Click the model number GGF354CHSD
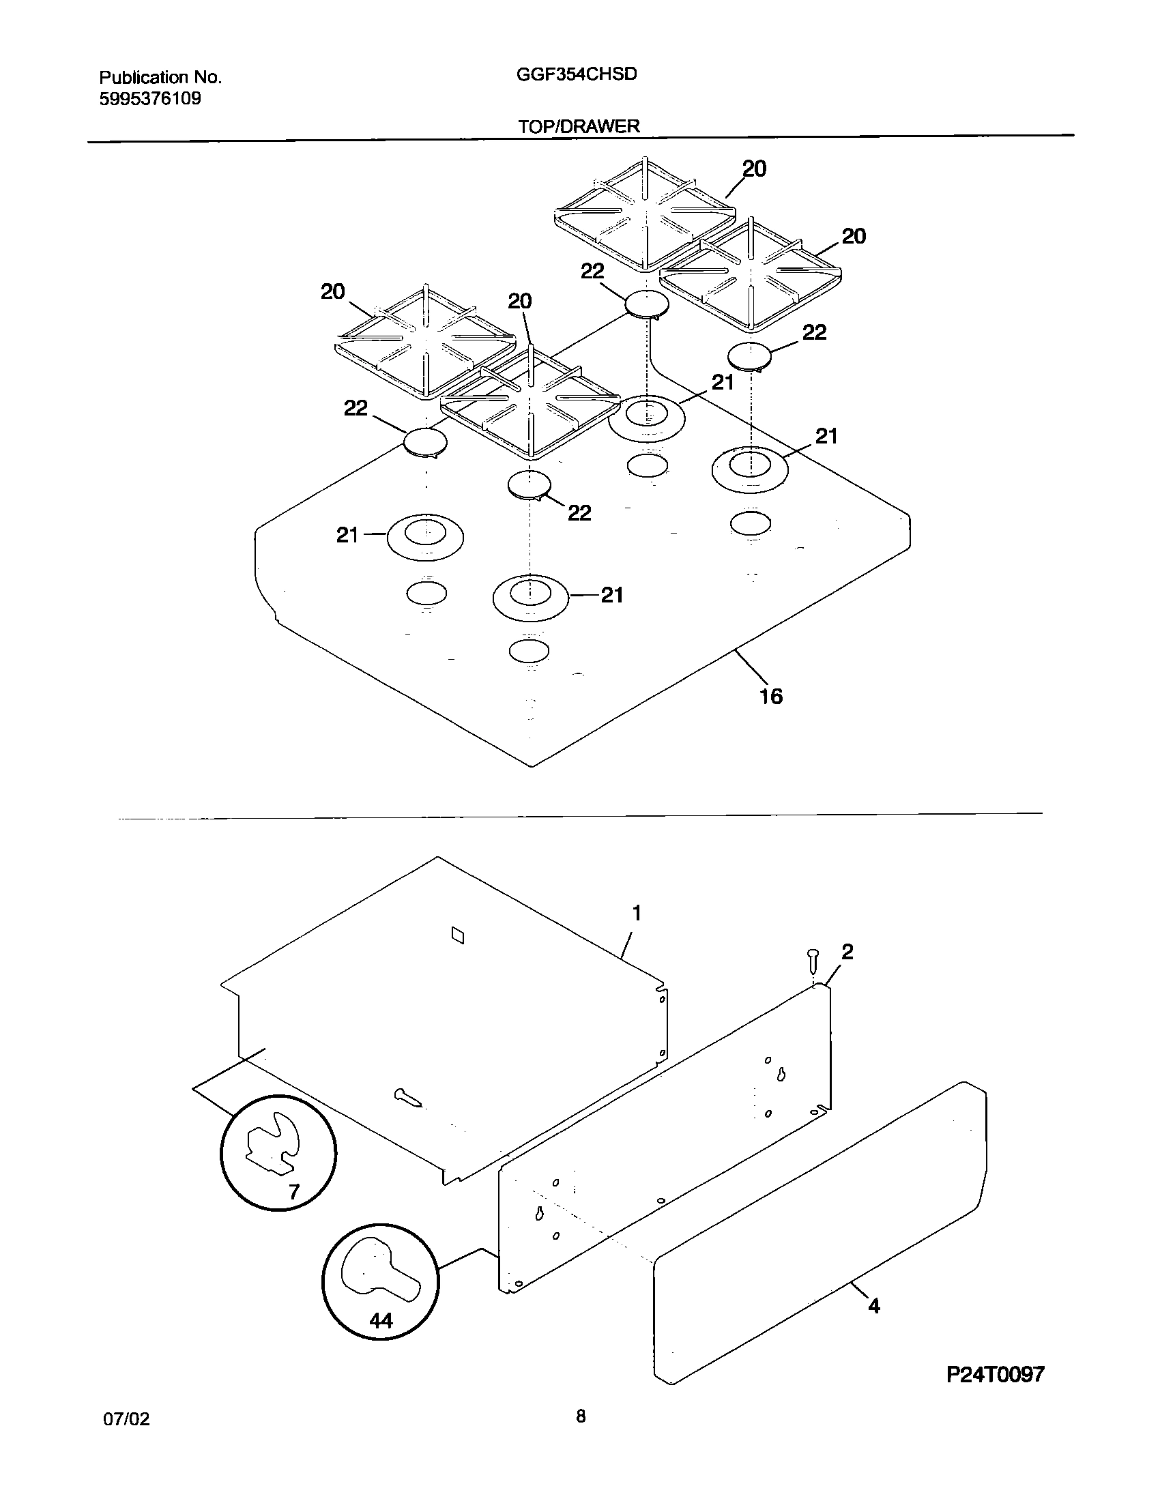point(577,74)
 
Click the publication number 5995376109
point(150,99)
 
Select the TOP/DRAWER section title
point(579,126)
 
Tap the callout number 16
point(771,697)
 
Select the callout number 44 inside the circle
point(381,1322)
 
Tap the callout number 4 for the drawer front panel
point(874,1307)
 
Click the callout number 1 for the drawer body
point(637,913)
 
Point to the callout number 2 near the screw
point(847,952)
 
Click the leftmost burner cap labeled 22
point(425,442)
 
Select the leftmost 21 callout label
point(347,536)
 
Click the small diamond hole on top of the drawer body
point(459,936)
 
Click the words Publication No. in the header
point(160,78)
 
